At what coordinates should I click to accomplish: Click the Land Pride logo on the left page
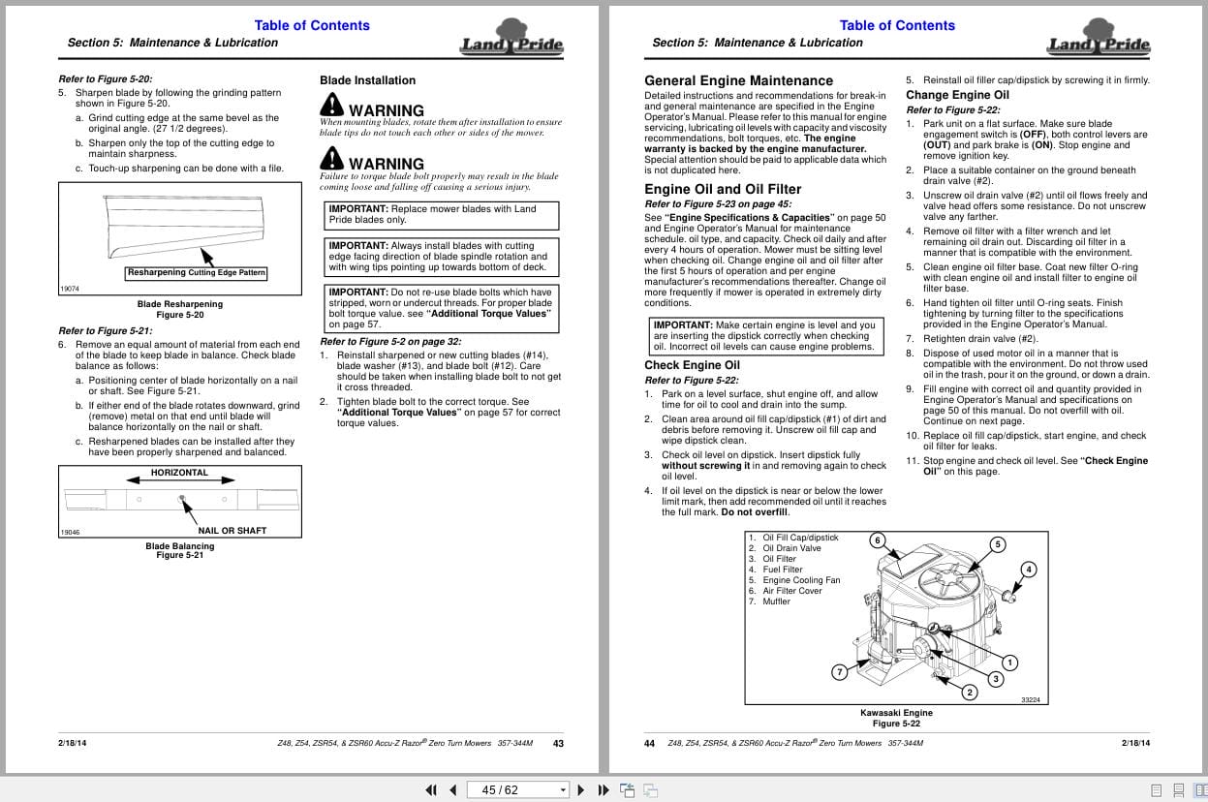[511, 39]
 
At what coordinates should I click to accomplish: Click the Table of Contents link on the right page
[896, 25]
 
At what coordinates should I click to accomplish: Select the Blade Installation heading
[367, 80]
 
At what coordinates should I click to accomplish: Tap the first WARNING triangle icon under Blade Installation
[331, 104]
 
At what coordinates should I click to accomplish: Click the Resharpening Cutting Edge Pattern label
[196, 273]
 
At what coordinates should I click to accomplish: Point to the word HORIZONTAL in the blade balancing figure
[179, 473]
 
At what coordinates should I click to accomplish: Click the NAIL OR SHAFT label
[232, 531]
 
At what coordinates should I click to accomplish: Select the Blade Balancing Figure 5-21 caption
[179, 550]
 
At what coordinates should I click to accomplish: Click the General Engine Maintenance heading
[738, 80]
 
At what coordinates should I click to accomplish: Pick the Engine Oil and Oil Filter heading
[723, 189]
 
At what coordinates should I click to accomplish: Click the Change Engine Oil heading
[957, 95]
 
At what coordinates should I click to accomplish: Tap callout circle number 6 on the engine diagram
[878, 540]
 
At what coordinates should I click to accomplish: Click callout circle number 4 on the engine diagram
[1029, 570]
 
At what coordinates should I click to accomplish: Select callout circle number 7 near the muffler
[839, 671]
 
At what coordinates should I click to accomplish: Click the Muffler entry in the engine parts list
[776, 601]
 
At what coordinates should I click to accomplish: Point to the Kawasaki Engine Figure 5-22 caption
[896, 718]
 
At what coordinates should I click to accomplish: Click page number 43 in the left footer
[558, 744]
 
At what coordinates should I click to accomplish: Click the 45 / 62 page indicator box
[518, 789]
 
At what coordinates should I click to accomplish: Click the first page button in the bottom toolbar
[431, 789]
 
